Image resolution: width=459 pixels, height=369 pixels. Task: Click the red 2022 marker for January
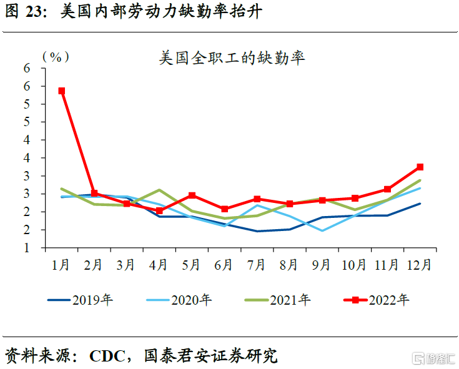[61, 91]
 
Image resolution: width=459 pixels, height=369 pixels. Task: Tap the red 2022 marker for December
[420, 167]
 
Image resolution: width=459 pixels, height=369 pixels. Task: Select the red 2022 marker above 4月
[159, 210]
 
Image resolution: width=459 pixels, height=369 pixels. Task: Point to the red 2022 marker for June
[225, 209]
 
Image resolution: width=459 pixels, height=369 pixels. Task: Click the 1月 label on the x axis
[61, 265]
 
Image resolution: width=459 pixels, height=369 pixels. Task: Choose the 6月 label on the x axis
[224, 265]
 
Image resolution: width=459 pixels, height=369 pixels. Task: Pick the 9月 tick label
[322, 265]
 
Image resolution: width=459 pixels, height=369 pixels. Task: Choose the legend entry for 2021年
[277, 300]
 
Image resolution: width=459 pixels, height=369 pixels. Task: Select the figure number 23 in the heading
[36, 12]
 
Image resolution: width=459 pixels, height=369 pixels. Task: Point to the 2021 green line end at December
[420, 180]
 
